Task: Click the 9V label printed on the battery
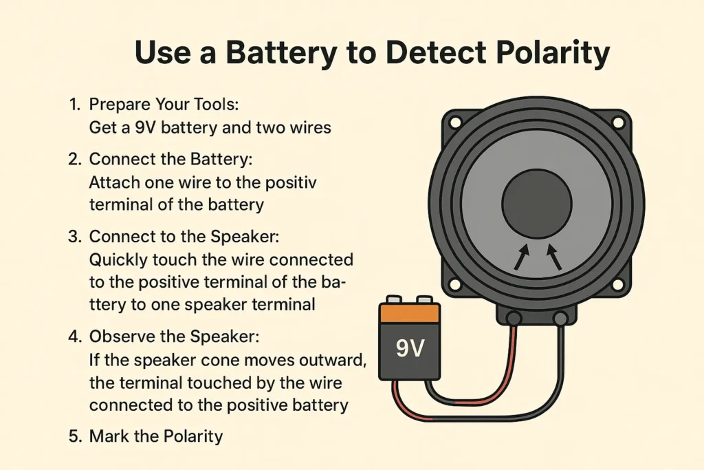410,349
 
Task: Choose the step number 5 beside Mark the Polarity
74,436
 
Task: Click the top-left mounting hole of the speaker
454,123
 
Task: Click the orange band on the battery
410,314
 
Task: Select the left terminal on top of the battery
395,300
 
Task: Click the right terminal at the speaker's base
560,318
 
